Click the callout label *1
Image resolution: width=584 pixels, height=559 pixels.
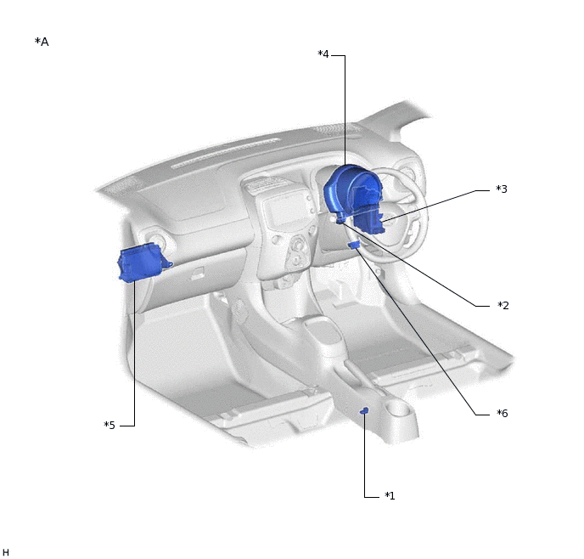pyautogui.click(x=390, y=495)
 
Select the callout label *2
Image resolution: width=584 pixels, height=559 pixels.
pyautogui.click(x=503, y=306)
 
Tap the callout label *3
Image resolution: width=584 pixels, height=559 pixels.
pyautogui.click(x=502, y=189)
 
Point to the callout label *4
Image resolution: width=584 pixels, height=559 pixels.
pyautogui.click(x=323, y=54)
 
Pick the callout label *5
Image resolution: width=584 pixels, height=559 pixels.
pyautogui.click(x=109, y=426)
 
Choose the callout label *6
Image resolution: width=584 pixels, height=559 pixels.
pyautogui.click(x=503, y=413)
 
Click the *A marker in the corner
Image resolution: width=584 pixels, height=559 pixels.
pyautogui.click(x=42, y=42)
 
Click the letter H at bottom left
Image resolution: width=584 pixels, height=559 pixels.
pyautogui.click(x=6, y=552)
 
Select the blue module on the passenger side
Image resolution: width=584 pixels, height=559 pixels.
pyautogui.click(x=143, y=263)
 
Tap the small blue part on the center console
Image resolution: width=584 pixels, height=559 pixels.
pyautogui.click(x=364, y=410)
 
